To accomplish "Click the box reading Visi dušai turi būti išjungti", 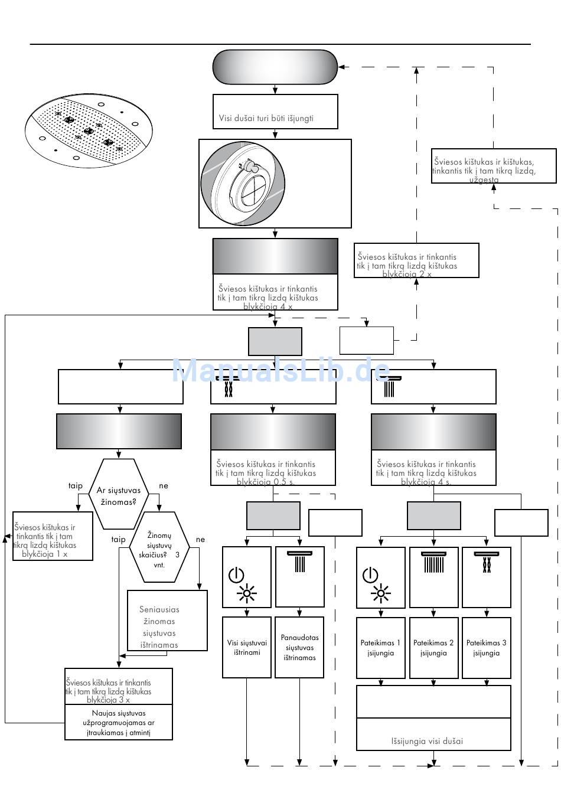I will coord(275,112).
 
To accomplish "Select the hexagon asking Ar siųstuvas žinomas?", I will coord(119,494).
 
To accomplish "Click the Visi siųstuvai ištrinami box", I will coord(247,648).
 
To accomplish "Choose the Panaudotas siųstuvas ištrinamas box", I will coord(299,648).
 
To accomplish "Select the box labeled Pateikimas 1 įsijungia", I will coord(380,648).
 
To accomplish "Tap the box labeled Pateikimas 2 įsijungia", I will coord(433,648).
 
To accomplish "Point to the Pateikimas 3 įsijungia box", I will coord(486,648).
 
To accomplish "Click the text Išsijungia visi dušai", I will coord(427,741).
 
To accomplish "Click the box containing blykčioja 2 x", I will coord(416,260).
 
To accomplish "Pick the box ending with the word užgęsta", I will coord(494,166).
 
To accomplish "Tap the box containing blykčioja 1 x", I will coord(53,536).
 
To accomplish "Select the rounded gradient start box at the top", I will coord(275,67).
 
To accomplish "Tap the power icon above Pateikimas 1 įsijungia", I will coord(370,574).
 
